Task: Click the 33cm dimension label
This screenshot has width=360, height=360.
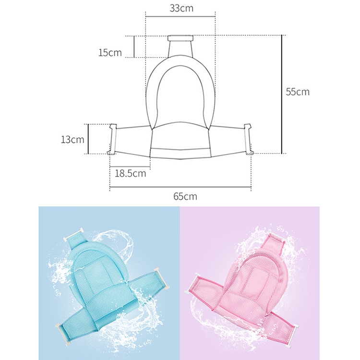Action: (x=181, y=8)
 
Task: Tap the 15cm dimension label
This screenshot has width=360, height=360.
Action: (x=110, y=53)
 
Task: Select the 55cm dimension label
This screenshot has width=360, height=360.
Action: (x=298, y=92)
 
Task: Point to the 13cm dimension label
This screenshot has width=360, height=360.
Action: (x=72, y=139)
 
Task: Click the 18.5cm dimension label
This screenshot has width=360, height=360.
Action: (x=131, y=173)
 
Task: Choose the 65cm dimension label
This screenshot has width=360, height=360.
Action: (x=185, y=196)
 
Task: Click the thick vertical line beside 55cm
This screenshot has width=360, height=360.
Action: (x=282, y=94)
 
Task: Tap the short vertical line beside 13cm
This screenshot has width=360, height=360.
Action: (x=88, y=139)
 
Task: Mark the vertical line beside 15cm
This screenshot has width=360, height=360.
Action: (x=134, y=47)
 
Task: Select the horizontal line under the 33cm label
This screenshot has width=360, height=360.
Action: (x=180, y=16)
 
